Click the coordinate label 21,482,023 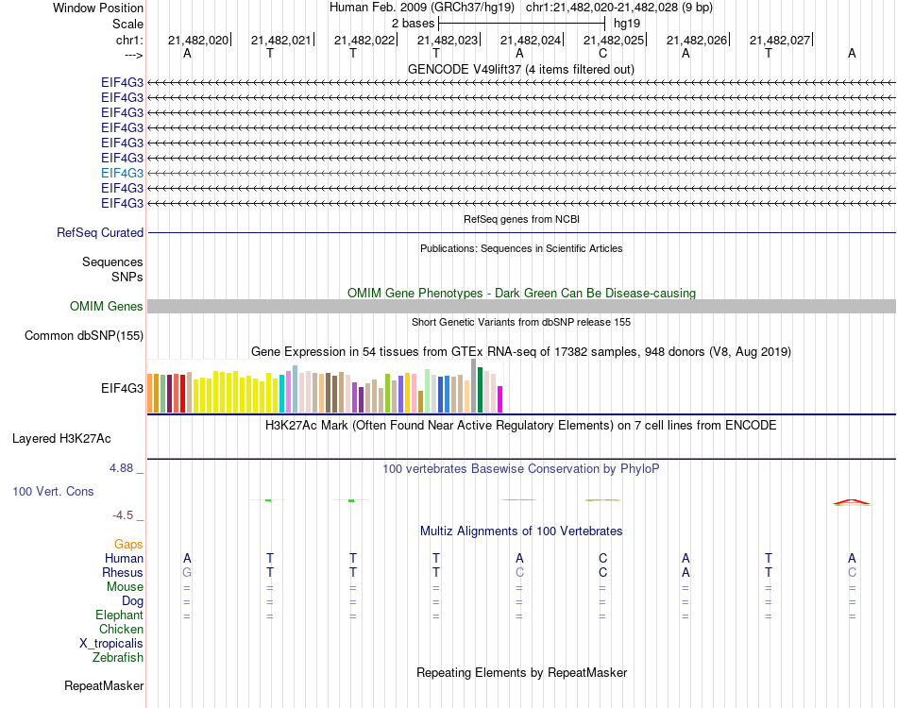[x=448, y=41]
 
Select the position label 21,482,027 [x=780, y=41]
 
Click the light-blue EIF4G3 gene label [x=123, y=173]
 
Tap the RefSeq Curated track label [x=100, y=232]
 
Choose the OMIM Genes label [x=107, y=306]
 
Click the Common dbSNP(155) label [x=84, y=335]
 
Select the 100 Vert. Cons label [x=53, y=492]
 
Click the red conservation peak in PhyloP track [x=851, y=501]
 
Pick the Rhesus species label [x=123, y=572]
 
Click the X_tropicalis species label [x=111, y=643]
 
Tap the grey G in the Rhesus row [x=187, y=572]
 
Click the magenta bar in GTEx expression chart [x=499, y=399]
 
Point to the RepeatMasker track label [x=104, y=685]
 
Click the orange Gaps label [x=128, y=544]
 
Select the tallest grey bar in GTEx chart [x=473, y=385]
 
